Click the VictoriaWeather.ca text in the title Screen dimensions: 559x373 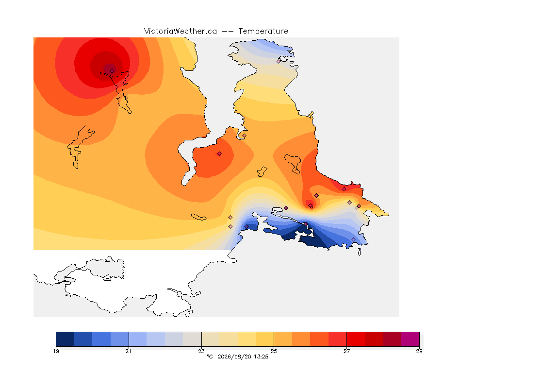click(181, 32)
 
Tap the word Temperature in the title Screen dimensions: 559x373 click(263, 32)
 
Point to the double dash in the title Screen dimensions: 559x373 click(228, 32)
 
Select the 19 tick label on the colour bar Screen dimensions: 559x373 click(56, 351)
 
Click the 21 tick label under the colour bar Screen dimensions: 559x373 click(128, 351)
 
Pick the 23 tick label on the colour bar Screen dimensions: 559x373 click(201, 351)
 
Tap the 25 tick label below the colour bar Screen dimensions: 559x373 click(274, 351)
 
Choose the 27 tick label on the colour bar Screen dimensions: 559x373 click(346, 351)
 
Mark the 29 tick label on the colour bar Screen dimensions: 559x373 click(419, 351)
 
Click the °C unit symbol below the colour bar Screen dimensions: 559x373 click(210, 356)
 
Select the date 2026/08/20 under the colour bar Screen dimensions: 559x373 click(234, 356)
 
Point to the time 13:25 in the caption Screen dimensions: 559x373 click(261, 356)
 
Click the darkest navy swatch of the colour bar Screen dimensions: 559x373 click(65, 339)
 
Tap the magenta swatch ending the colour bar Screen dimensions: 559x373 click(411, 339)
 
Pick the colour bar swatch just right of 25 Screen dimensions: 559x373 click(283, 339)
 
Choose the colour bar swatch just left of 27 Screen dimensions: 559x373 click(338, 339)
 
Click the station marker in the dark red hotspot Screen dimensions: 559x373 click(112, 71)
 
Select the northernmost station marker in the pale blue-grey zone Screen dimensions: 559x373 click(279, 61)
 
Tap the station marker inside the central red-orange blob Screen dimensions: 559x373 click(220, 154)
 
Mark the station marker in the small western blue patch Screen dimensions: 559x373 click(247, 227)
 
